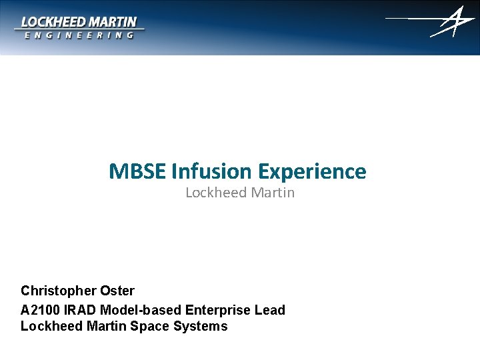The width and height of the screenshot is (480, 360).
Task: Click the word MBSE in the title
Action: click(138, 172)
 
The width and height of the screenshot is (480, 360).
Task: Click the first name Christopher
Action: click(59, 291)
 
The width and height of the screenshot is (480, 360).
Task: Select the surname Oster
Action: click(117, 291)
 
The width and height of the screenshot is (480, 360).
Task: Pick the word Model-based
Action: click(141, 310)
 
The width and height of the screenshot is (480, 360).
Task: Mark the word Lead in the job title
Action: click(271, 310)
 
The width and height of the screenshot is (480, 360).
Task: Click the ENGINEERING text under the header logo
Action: click(79, 35)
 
